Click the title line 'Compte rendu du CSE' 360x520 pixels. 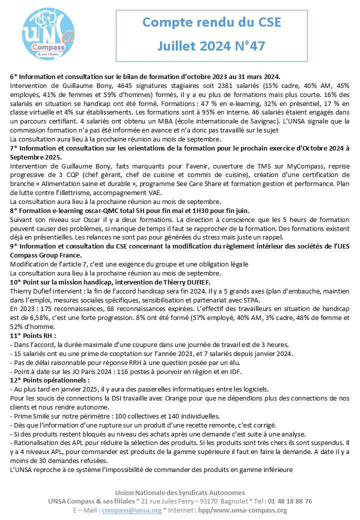pos(211,22)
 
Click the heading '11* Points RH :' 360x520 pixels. pos(32,335)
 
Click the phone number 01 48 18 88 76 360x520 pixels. pos(287,501)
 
